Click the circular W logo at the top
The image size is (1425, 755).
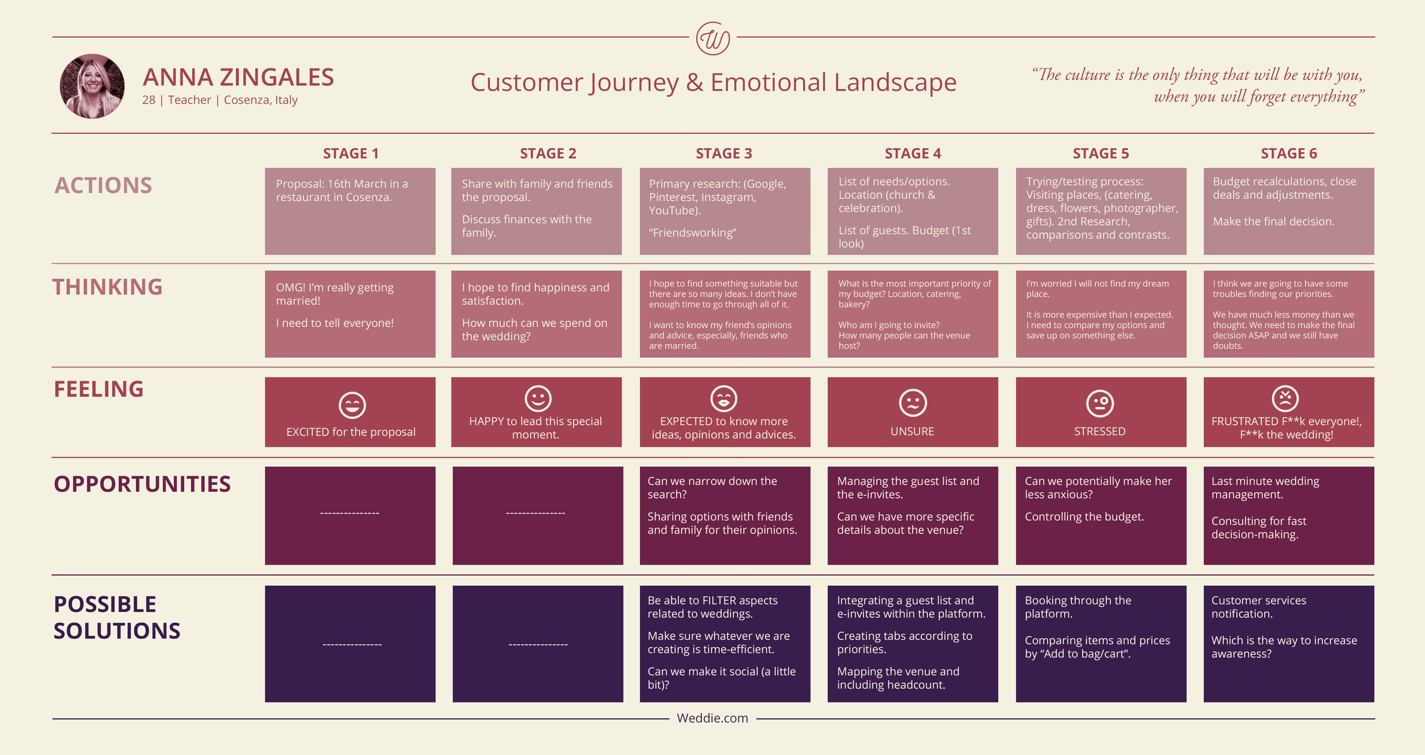[713, 39]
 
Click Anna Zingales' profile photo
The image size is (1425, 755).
[92, 86]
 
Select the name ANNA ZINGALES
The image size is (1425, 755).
[238, 77]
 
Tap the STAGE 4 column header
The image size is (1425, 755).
[913, 153]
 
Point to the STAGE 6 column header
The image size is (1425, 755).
[1289, 153]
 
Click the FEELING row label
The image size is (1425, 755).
[99, 389]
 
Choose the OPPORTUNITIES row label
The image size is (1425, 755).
[142, 484]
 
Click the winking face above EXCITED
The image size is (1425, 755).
[352, 405]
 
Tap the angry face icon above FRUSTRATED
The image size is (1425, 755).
[1285, 398]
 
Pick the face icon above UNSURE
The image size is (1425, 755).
[913, 403]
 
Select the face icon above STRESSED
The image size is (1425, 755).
[1100, 403]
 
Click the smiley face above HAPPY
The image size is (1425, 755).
[538, 398]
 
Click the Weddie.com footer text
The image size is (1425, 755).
[712, 718]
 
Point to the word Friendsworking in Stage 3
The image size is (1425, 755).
[693, 232]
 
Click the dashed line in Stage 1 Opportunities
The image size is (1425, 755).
[349, 513]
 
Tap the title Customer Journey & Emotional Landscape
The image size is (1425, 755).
[713, 83]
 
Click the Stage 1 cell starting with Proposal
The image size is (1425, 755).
[350, 211]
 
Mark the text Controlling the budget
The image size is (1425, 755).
[1084, 517]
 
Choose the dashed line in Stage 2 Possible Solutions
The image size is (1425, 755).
[538, 644]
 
